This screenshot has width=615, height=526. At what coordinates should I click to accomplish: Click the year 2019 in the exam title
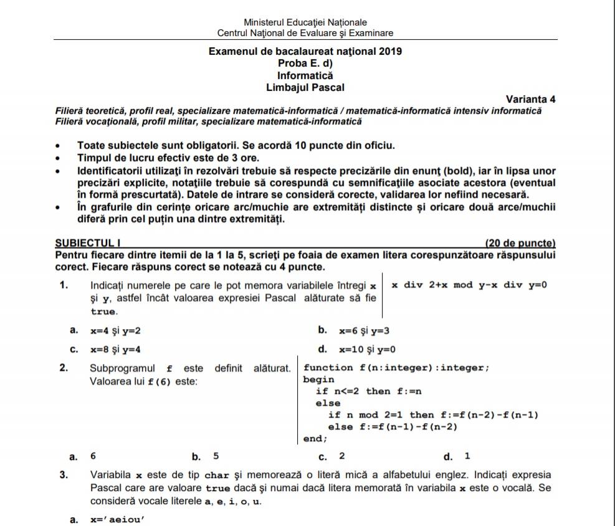(389, 52)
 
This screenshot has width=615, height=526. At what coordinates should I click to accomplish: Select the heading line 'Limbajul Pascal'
(305, 88)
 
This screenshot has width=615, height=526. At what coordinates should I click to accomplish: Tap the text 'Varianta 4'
(530, 100)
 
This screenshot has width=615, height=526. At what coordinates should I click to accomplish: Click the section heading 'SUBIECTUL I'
(82, 243)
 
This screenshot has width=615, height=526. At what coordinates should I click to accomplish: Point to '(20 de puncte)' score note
(520, 243)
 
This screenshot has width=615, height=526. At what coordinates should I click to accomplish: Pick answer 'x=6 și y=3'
(365, 331)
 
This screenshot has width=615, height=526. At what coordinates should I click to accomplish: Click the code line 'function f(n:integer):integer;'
(396, 368)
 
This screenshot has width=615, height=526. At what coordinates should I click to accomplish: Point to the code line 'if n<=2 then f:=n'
(369, 391)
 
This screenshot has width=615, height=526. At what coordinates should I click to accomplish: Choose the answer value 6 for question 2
(93, 456)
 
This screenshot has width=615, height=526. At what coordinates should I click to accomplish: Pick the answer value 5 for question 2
(216, 456)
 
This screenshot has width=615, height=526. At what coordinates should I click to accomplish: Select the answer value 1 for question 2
(467, 456)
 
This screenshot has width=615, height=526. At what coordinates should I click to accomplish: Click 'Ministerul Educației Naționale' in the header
(305, 22)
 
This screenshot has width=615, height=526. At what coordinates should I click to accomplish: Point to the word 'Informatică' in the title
(305, 76)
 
